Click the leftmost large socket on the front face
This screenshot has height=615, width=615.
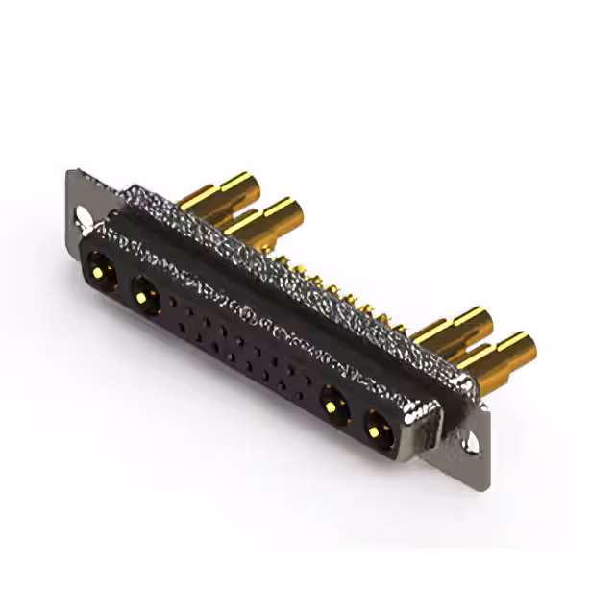point(100,268)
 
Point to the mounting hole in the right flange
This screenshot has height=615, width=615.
point(472,445)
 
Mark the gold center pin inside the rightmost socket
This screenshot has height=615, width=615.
point(376,430)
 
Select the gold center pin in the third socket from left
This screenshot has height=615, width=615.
point(332,405)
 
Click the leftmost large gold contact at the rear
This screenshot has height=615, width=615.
point(221,191)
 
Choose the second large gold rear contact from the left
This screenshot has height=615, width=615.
point(265,219)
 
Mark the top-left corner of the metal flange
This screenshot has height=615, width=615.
point(72,173)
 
